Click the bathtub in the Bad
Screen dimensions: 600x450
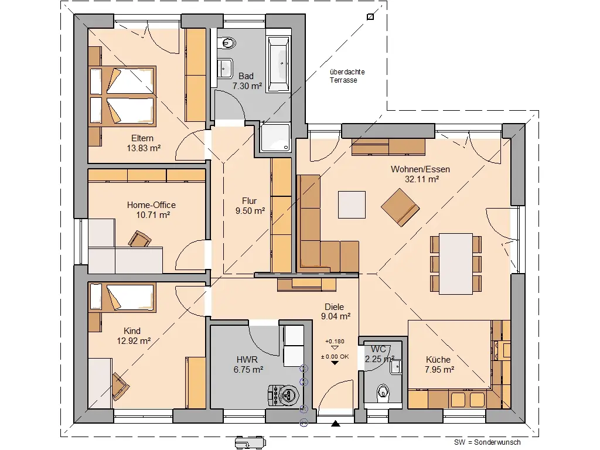(278, 64)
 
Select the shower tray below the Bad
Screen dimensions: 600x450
(275, 138)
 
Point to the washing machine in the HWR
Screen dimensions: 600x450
(284, 394)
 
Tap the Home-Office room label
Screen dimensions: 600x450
(151, 205)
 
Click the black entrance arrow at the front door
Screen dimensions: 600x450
(336, 423)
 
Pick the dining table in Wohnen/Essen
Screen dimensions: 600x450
(455, 264)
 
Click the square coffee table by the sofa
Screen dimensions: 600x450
(352, 204)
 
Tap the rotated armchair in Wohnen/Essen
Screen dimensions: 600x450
(400, 207)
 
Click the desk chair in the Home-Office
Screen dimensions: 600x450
(139, 239)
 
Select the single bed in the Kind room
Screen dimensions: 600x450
(122, 296)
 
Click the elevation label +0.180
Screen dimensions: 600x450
(335, 342)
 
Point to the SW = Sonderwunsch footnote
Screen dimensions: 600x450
(487, 442)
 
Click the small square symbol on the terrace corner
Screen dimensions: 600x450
(370, 17)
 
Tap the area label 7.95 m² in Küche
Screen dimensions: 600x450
(439, 370)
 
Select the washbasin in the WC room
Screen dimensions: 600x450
(396, 367)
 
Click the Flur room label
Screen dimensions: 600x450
(249, 201)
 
